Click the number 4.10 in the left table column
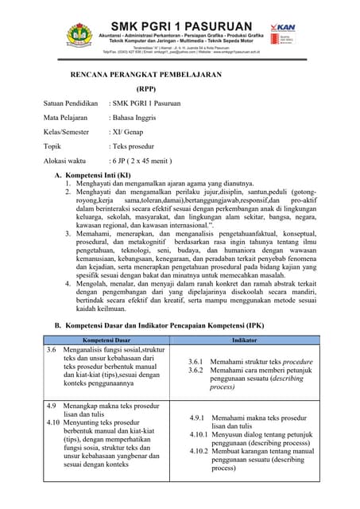[x=53, y=422]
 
